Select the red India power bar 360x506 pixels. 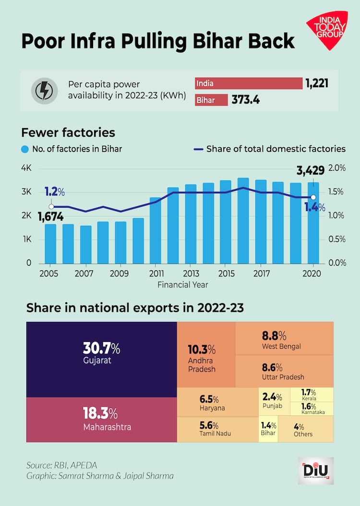click(249, 83)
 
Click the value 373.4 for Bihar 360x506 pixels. click(246, 100)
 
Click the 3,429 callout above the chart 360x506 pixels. click(311, 170)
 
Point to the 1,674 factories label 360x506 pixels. click(51, 217)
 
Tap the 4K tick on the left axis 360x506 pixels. click(26, 168)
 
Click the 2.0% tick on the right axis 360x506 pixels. click(336, 168)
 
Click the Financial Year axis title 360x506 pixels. click(183, 284)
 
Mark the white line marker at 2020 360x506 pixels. click(313, 197)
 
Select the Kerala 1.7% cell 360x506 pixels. click(312, 394)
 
